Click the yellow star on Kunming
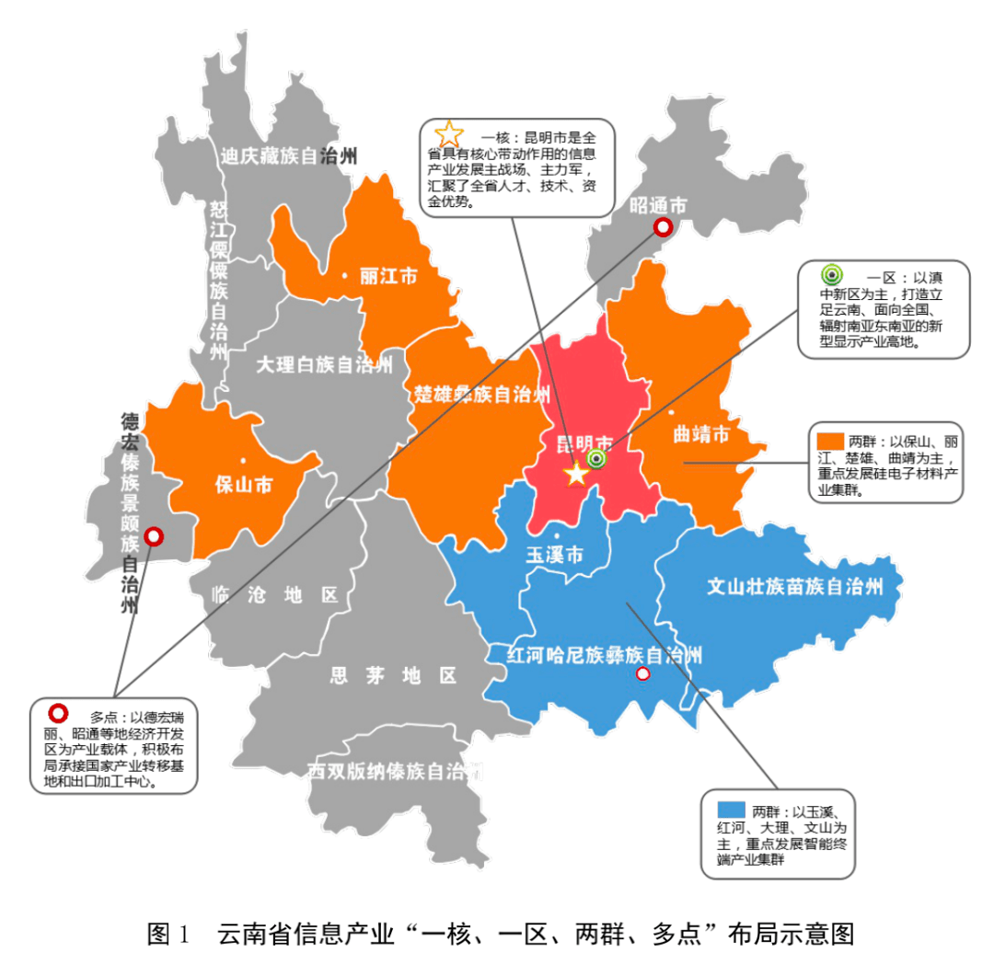(576, 474)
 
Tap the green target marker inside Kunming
(596, 458)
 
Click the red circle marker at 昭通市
(661, 228)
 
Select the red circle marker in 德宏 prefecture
(155, 535)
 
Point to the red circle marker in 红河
(643, 674)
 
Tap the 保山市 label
(243, 485)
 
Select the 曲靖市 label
(701, 433)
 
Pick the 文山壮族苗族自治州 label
(794, 586)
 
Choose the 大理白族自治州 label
(324, 365)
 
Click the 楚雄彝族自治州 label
(481, 396)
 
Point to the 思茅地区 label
(393, 676)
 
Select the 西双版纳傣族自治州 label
(394, 770)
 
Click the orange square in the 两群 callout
(830, 439)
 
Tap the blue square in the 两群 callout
(731, 810)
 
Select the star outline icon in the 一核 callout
(448, 133)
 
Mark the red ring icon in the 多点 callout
(59, 713)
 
